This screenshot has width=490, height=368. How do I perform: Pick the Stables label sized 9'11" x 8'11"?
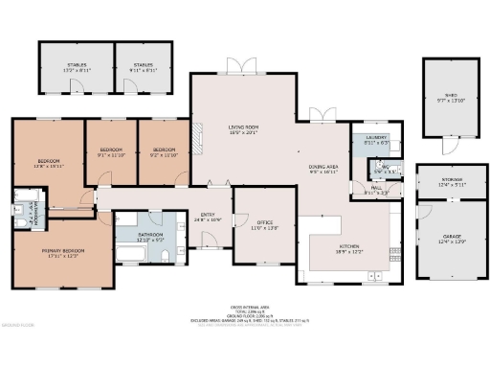pos(145,66)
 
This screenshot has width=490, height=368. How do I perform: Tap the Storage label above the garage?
pos(451,180)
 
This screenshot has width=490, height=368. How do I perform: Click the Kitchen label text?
pos(347,246)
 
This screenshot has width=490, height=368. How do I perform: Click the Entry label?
pos(208,214)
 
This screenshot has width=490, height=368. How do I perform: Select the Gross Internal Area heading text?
pos(245,307)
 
